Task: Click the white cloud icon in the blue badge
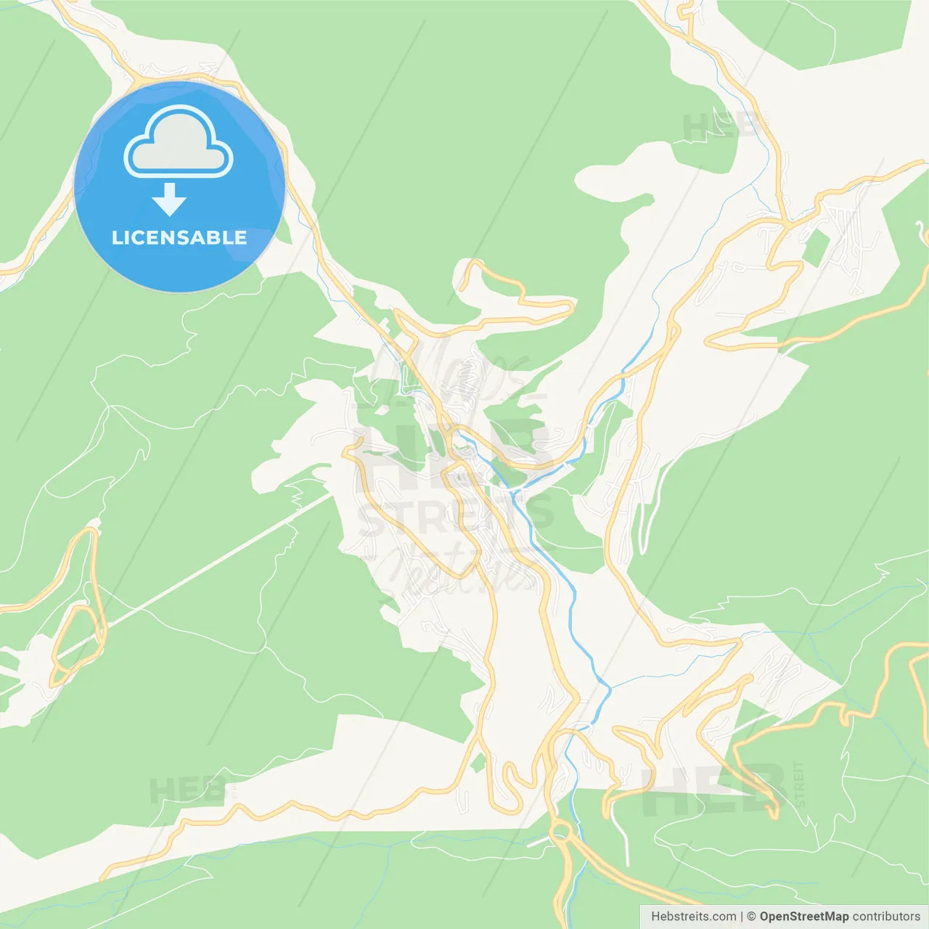click(179, 142)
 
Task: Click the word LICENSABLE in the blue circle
click(179, 237)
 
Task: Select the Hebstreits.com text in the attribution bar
click(693, 917)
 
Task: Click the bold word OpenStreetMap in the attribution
click(803, 917)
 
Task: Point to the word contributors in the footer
click(885, 917)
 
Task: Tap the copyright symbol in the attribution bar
click(751, 917)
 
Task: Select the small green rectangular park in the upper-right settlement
click(816, 247)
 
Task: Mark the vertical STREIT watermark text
click(799, 784)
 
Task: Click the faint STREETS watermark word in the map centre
click(456, 516)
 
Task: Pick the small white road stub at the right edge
click(922, 232)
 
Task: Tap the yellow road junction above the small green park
click(785, 221)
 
